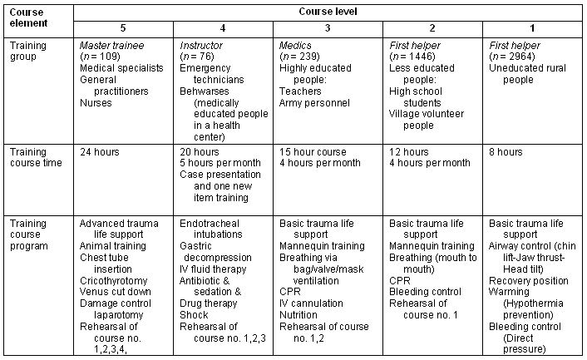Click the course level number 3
(x=328, y=27)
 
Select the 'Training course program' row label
(x=35, y=234)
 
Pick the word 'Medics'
(x=295, y=45)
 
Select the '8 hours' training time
(x=506, y=152)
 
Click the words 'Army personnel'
(x=315, y=103)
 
